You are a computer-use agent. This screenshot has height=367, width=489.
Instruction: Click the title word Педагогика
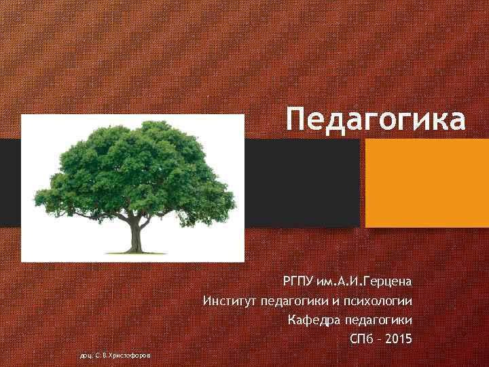click(376, 118)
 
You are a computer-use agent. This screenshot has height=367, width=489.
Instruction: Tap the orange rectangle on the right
click(426, 183)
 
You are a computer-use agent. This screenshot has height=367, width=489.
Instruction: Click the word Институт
click(228, 300)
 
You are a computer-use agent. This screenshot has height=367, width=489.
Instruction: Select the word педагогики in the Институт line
click(289, 300)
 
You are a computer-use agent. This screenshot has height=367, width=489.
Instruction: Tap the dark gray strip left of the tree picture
click(10, 183)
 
